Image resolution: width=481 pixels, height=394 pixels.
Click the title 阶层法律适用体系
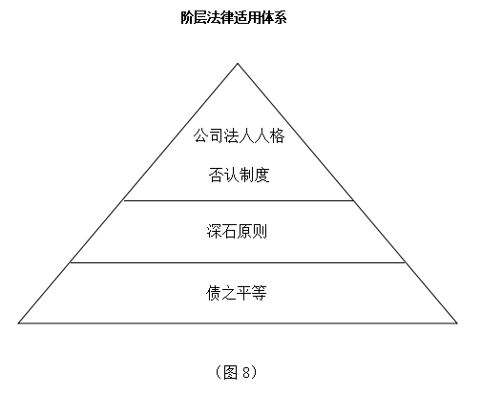(x=234, y=17)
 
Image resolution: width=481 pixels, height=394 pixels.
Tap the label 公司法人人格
(x=239, y=135)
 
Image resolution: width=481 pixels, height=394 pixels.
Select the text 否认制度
(x=239, y=175)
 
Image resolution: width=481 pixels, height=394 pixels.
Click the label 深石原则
(x=237, y=231)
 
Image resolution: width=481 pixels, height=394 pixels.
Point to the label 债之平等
(x=236, y=293)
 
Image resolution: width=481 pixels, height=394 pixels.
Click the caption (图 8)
(x=236, y=372)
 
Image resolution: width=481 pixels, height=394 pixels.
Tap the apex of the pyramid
(x=238, y=64)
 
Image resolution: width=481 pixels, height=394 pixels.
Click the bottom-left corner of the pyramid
(x=18, y=323)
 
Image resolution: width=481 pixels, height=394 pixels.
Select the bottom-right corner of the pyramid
(x=457, y=323)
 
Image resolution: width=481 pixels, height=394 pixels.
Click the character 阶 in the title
(x=187, y=17)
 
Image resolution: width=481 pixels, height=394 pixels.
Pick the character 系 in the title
(x=281, y=17)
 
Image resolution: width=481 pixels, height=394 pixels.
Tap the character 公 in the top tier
(x=201, y=135)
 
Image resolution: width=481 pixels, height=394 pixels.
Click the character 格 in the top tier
(x=277, y=135)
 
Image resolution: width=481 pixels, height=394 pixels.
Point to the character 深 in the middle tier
(x=214, y=231)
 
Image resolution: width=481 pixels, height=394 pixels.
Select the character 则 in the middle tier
(x=260, y=231)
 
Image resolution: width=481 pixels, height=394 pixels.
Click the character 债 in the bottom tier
(x=214, y=293)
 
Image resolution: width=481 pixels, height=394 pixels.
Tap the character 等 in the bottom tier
(x=259, y=293)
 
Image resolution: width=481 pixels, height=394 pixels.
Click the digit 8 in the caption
(x=246, y=372)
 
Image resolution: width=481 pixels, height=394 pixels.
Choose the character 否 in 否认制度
(x=217, y=175)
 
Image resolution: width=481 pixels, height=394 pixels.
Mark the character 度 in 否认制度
(x=261, y=175)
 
